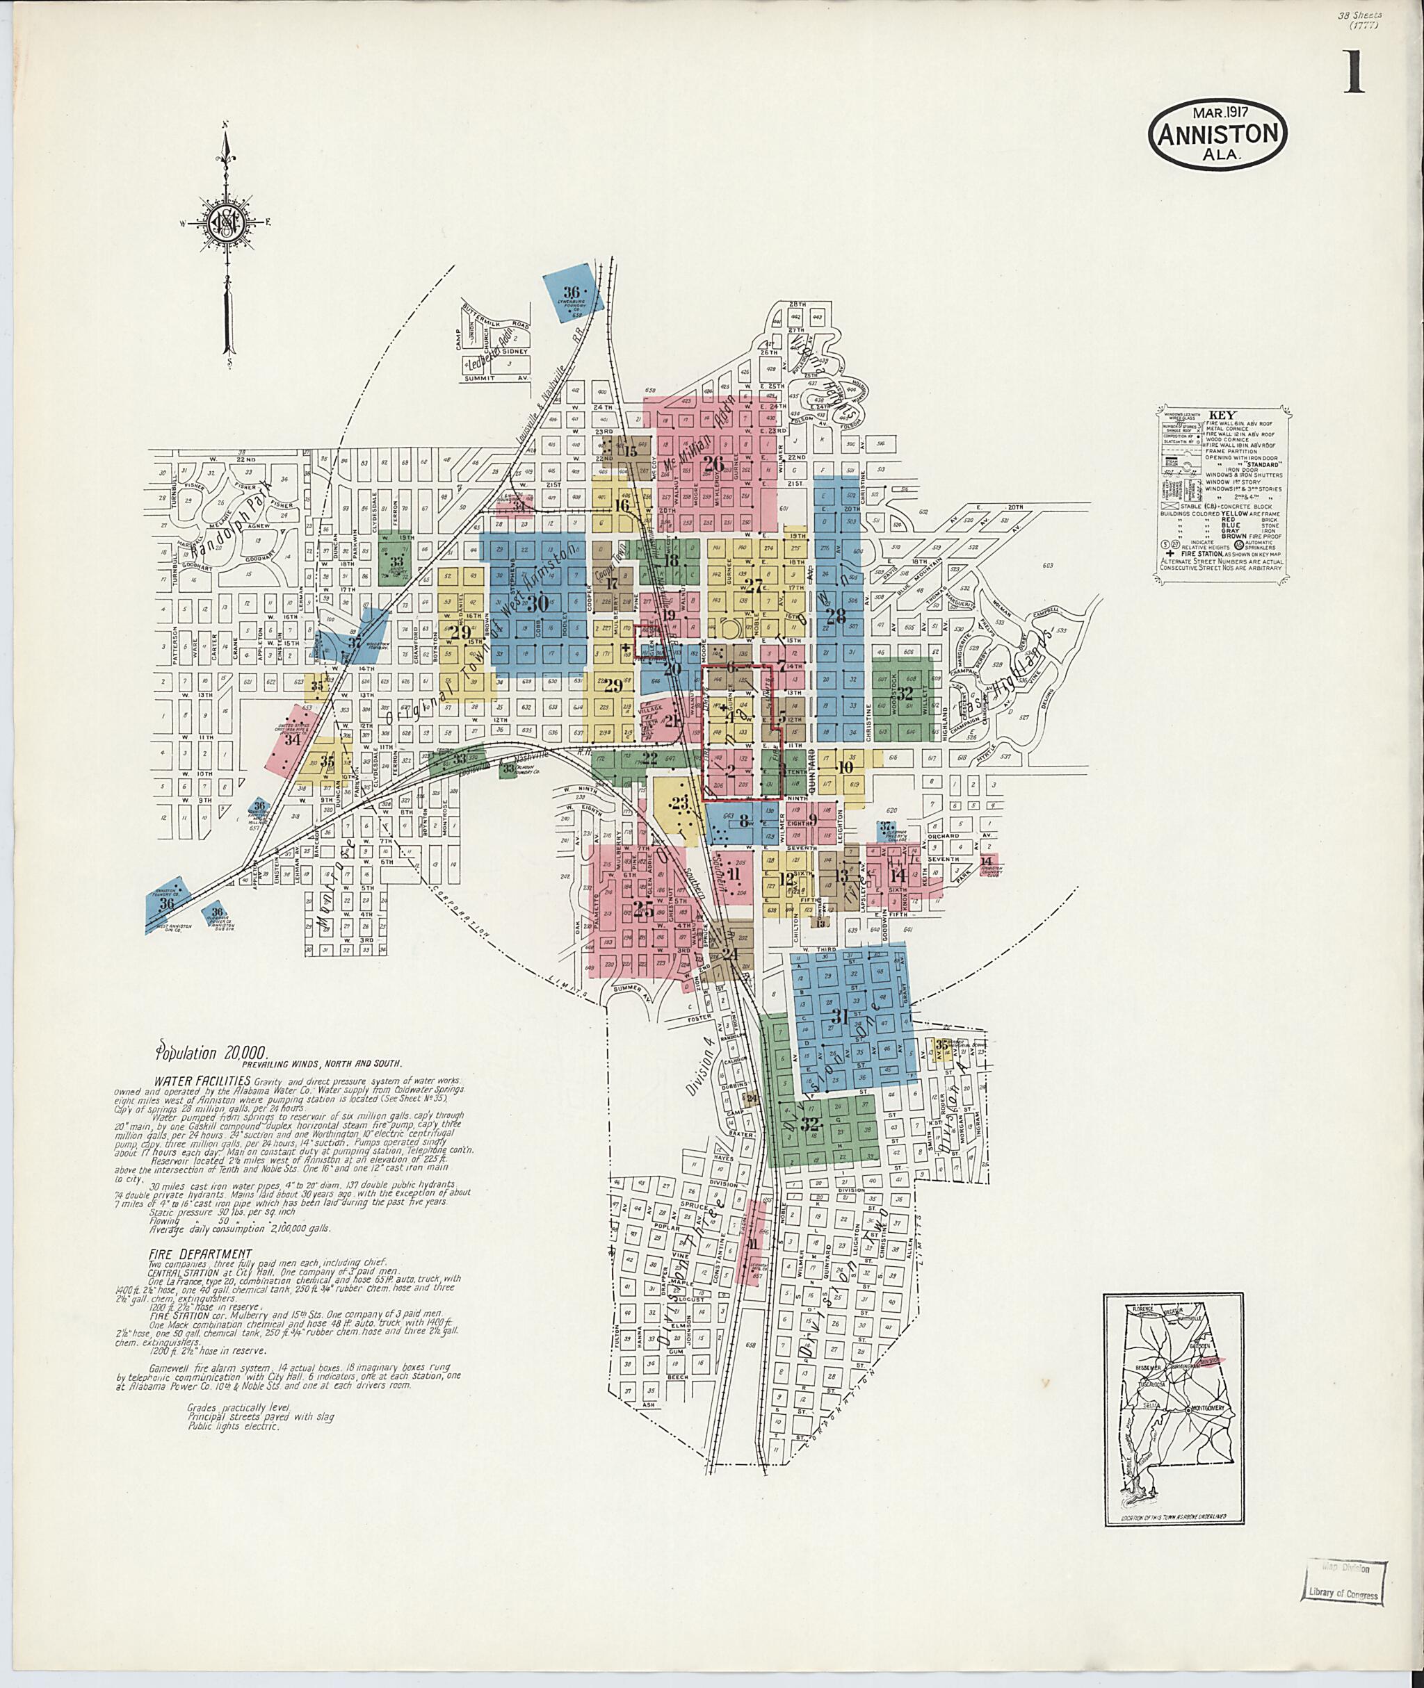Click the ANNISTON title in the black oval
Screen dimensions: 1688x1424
pos(1218,135)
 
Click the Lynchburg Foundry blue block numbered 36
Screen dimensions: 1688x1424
pos(572,292)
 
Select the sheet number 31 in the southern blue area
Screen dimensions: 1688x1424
pos(841,1018)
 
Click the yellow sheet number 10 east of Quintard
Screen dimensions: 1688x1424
pos(845,767)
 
